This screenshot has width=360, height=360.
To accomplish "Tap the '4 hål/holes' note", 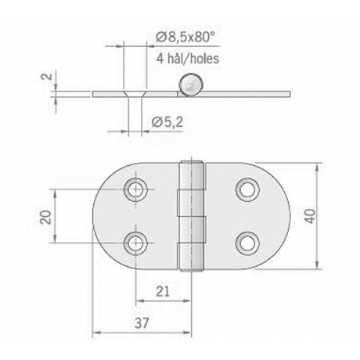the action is coord(188,59).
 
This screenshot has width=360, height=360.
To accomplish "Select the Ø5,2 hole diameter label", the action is coord(167,122).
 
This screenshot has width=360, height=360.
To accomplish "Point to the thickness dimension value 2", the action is coord(47,77).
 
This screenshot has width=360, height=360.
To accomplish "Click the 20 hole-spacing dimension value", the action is coord(46,216).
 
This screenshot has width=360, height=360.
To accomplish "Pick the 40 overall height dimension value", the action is coord(310,216).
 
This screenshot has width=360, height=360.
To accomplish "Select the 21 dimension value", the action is coord(163,291).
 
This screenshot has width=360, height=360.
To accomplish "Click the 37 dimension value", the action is coord(142,323).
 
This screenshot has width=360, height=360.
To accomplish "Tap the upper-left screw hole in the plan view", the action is coord(135,189).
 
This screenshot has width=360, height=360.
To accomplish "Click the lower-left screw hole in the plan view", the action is coord(135,243).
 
